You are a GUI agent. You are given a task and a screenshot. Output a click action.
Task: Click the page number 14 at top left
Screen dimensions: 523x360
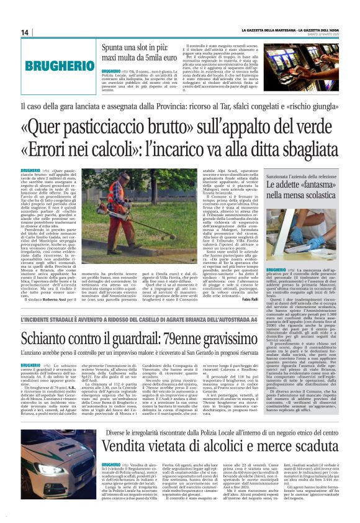coord(25,33)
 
